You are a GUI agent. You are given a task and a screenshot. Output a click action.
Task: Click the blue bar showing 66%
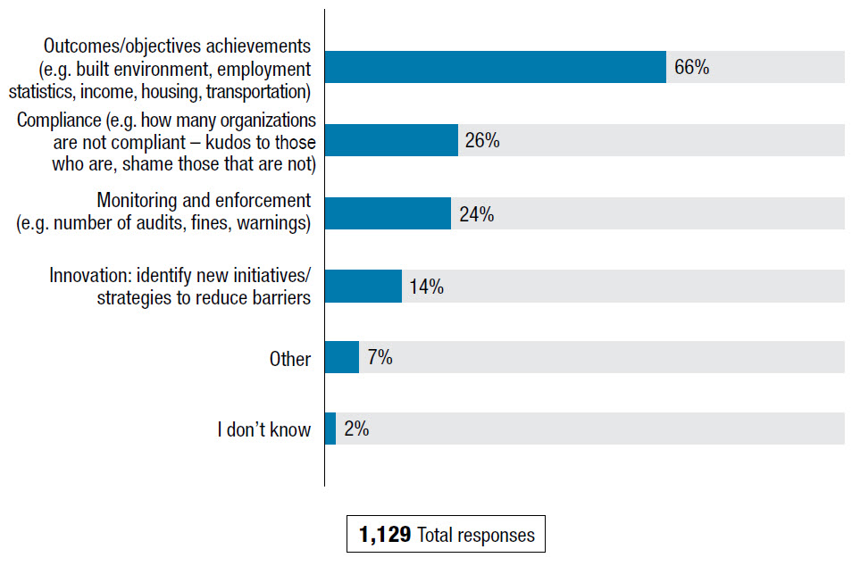pos(496,67)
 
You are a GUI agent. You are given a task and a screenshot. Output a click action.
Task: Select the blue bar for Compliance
pos(391,140)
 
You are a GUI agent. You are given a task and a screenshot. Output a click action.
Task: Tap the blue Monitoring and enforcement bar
pos(388,213)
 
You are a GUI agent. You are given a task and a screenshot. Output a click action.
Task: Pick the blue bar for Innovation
pos(363,286)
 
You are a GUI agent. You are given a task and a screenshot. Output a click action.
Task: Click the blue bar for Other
pos(342,357)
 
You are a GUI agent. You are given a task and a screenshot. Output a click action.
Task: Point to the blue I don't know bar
pos(330,429)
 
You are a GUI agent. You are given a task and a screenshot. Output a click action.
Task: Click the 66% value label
pos(692,67)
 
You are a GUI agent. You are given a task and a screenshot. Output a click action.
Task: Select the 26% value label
pos(481,140)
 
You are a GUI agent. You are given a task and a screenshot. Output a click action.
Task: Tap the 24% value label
pos(476,214)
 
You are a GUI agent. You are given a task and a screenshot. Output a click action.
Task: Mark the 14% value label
pos(427,287)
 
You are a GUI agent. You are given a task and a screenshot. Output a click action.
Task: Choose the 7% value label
pos(380,358)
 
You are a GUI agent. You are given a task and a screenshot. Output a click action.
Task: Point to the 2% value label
pos(356,429)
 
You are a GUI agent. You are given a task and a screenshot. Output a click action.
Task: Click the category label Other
pos(290,359)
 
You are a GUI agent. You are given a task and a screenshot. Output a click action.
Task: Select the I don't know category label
pos(264,429)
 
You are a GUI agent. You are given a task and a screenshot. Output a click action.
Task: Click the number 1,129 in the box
pos(385,535)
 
